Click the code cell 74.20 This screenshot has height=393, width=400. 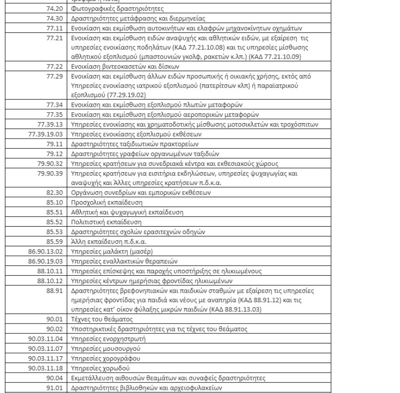point(58,9)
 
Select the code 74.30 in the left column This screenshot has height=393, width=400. point(58,19)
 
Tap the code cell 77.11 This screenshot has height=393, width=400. point(58,28)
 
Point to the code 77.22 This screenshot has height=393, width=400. point(58,66)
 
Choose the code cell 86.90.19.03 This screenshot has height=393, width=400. point(48,260)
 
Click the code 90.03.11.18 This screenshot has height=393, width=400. point(48,368)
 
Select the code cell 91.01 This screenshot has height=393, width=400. point(58,387)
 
